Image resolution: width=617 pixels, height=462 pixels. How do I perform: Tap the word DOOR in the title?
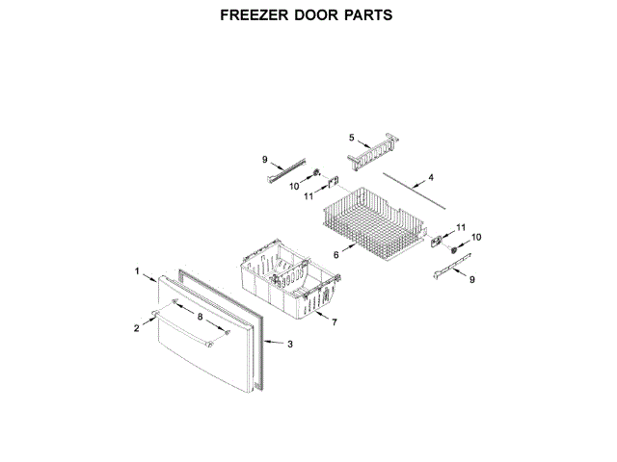[320, 15]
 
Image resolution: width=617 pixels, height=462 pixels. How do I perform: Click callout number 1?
[138, 270]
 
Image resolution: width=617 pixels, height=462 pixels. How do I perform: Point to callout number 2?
[137, 328]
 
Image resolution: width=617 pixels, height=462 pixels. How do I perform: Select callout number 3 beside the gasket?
[291, 343]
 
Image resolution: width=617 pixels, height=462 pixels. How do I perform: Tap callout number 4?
[431, 177]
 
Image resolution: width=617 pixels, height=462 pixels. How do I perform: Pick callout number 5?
[352, 138]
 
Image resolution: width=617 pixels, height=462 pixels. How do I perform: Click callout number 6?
[336, 254]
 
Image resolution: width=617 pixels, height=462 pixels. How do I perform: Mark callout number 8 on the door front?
[200, 316]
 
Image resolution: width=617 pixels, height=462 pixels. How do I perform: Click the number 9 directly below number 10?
[472, 279]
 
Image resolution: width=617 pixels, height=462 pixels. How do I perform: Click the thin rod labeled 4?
[415, 190]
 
